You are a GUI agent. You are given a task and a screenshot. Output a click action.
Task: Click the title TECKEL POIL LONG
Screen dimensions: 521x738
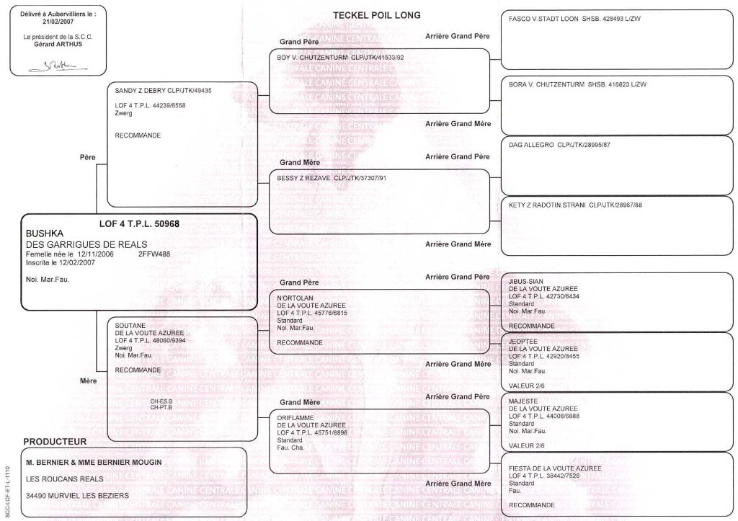[376, 15]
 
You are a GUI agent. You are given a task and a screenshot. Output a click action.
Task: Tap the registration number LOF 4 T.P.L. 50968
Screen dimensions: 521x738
[139, 223]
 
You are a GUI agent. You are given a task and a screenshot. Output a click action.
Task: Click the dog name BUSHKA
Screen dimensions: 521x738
[45, 234]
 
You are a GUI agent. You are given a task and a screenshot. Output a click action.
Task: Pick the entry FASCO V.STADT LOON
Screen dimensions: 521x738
[542, 19]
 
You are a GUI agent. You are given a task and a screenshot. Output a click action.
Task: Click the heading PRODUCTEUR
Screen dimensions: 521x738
[55, 441]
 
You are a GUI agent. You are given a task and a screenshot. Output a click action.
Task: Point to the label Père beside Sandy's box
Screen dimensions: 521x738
[88, 156]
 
